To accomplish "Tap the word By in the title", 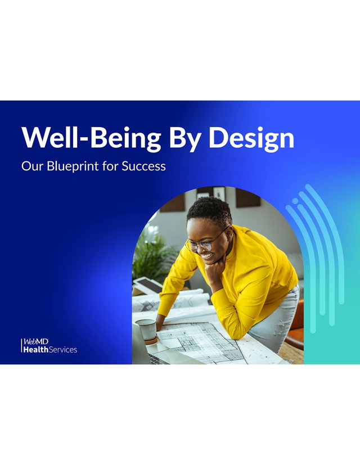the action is point(185,139).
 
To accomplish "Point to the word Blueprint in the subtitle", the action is point(73,166).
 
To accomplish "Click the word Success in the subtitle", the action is point(143,166).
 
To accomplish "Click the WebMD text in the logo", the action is point(36,342).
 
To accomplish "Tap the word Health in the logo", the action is point(35,350).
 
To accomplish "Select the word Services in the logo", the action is point(63,350).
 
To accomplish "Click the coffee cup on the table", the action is point(146,331).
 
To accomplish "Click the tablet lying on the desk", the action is point(147,285).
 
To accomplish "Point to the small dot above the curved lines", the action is point(295,201).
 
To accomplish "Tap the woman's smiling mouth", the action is point(208,255).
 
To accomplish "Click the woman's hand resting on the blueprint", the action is point(160,322).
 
